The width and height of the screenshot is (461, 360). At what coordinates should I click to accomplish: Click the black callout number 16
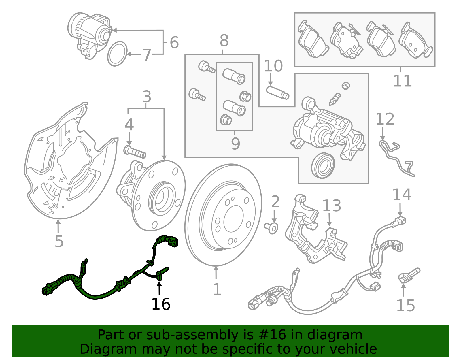coord(161,304)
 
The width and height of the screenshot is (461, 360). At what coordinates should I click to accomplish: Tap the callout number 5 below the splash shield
coord(59,241)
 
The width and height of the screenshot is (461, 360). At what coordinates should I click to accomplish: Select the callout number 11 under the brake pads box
coord(402,81)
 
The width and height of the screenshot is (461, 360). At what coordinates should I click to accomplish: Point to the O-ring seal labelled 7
coord(117,54)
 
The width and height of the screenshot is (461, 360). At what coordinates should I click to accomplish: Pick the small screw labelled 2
coord(271,228)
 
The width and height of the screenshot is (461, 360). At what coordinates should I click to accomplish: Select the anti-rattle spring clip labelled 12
coord(396,157)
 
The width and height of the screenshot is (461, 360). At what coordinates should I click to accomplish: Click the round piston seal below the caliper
coord(323,166)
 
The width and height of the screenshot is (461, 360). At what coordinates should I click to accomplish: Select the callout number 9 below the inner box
coord(235,143)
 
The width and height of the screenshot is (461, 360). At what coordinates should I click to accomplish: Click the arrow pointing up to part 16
coord(159,288)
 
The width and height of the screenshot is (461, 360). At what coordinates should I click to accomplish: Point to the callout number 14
coord(402,195)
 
